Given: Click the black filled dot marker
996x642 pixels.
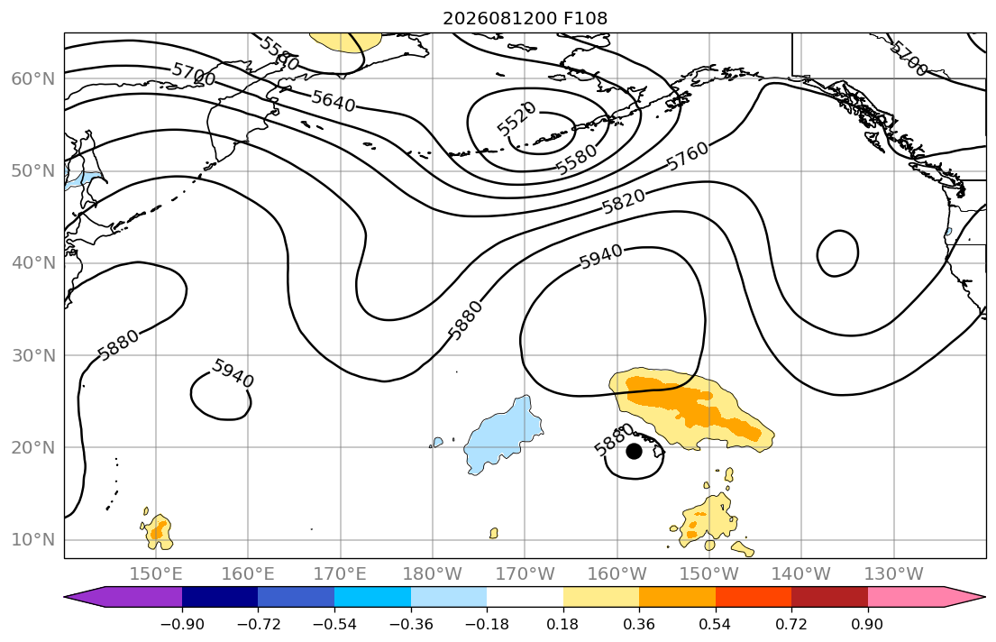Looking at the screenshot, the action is (634, 452).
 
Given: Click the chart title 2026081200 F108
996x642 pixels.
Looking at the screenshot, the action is (525, 18).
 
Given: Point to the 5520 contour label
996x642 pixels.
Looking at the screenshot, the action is (516, 119).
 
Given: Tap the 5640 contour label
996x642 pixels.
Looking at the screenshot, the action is (334, 101).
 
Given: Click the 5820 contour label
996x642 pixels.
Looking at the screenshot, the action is (623, 202).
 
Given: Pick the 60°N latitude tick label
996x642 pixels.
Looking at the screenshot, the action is (33, 78).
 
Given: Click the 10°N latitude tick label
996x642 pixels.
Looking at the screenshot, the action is (33, 540).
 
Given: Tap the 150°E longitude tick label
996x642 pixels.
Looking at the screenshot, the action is (156, 574).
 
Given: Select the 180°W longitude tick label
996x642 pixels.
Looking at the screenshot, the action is (433, 574).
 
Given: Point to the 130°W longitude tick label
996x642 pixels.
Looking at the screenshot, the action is (894, 574).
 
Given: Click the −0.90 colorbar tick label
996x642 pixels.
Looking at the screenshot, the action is (182, 624).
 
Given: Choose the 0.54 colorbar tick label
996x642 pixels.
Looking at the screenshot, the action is (716, 624).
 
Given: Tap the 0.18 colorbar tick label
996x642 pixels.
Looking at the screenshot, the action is (562, 624).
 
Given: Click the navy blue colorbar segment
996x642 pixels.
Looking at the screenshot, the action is (220, 597).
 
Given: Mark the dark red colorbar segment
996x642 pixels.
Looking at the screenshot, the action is (829, 597).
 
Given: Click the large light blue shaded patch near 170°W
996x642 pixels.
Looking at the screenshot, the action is (502, 436).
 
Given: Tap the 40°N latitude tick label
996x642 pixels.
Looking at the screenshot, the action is (33, 263).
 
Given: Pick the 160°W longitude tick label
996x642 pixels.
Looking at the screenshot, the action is (617, 574).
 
